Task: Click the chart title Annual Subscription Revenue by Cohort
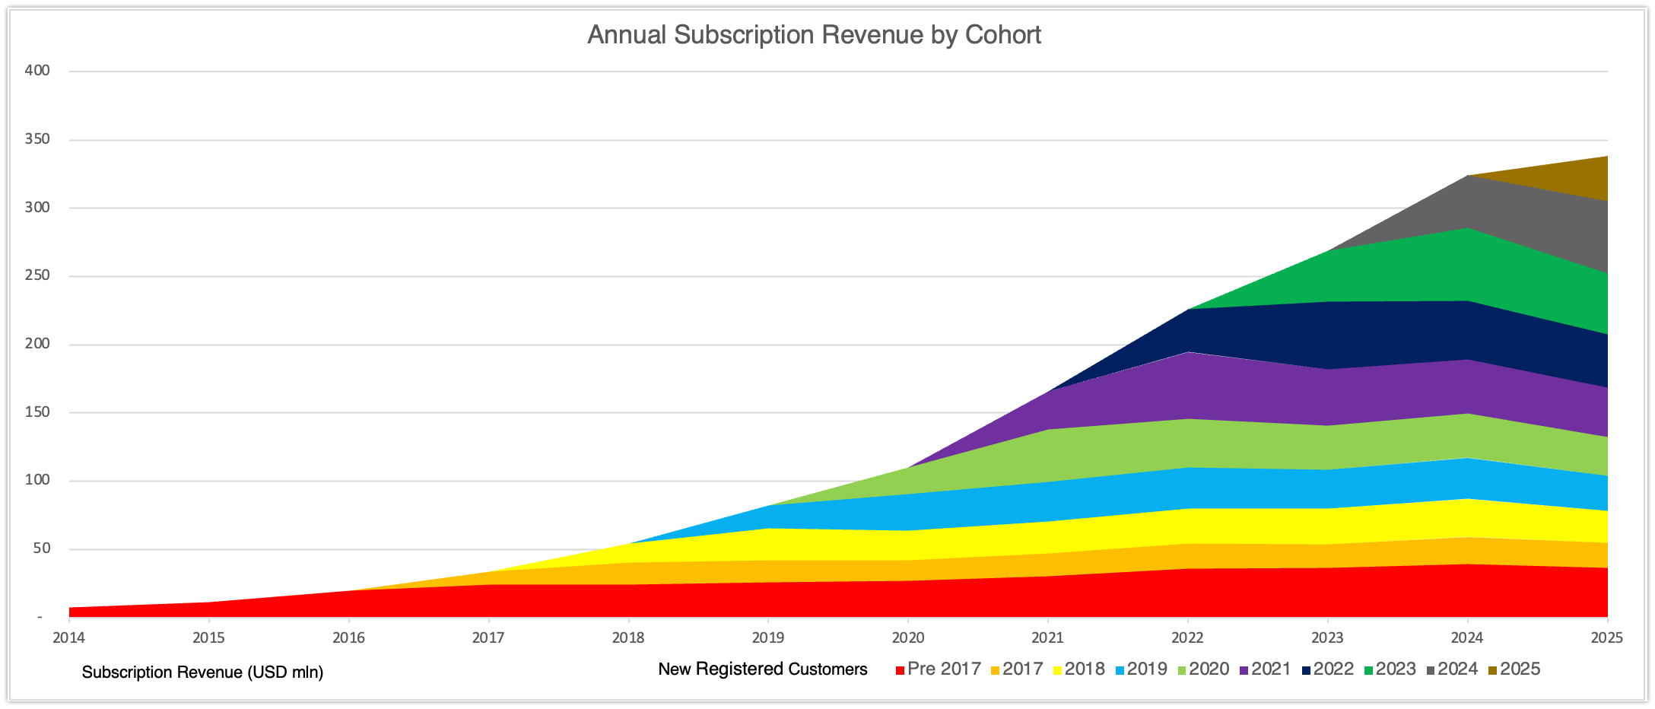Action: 814,35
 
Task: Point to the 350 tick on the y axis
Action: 37,139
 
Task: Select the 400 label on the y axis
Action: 37,71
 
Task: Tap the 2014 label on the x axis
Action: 68,637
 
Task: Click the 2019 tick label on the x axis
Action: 767,637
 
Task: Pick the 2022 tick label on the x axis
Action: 1187,637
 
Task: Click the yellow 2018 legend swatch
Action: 1058,670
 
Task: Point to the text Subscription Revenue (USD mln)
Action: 202,672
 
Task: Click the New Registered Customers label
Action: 762,669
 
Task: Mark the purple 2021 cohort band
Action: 1255,388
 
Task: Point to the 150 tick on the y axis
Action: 37,412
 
